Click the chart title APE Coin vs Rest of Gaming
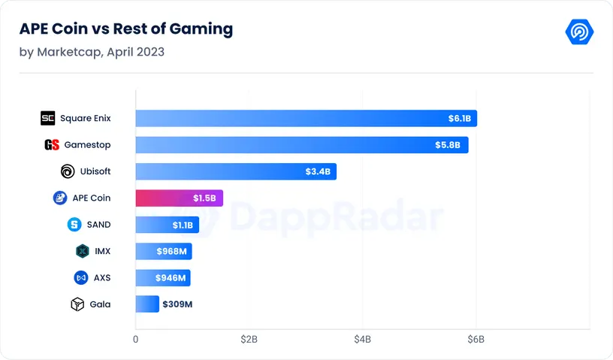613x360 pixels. (125, 29)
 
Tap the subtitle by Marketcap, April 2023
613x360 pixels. (92, 53)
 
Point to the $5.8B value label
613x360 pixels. (447, 145)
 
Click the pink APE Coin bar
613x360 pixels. (179, 198)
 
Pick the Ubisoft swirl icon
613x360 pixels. (68, 171)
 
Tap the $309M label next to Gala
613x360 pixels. (177, 304)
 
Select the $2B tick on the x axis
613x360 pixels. (249, 340)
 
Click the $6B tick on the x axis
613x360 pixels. (476, 340)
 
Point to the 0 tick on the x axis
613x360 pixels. (135, 340)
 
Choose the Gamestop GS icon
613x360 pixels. (52, 145)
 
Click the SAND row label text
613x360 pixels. (99, 225)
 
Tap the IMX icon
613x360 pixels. (82, 251)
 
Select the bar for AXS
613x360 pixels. (162, 277)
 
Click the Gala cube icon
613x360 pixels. (77, 304)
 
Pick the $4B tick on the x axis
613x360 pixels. (363, 340)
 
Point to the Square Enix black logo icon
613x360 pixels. (48, 118)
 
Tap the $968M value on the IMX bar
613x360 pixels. (173, 251)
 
